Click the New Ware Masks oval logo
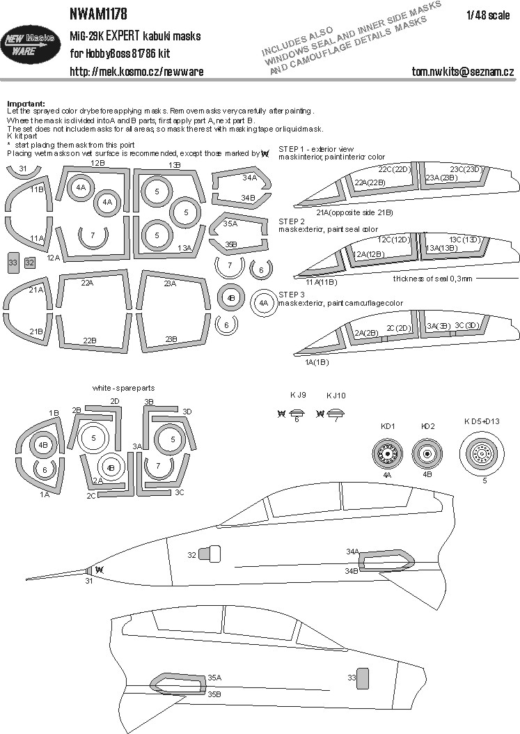click(30, 45)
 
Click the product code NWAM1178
click(98, 14)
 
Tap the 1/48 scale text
click(488, 15)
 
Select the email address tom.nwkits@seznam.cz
click(462, 71)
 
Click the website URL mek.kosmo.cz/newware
click(136, 71)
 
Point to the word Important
click(26, 104)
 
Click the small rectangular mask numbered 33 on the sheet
click(13, 263)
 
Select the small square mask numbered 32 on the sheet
click(29, 263)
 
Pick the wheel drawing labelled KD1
click(388, 453)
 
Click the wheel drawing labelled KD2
click(427, 453)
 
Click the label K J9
click(298, 395)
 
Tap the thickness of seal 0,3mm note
click(432, 279)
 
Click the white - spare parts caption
click(124, 388)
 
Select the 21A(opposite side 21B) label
click(354, 212)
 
